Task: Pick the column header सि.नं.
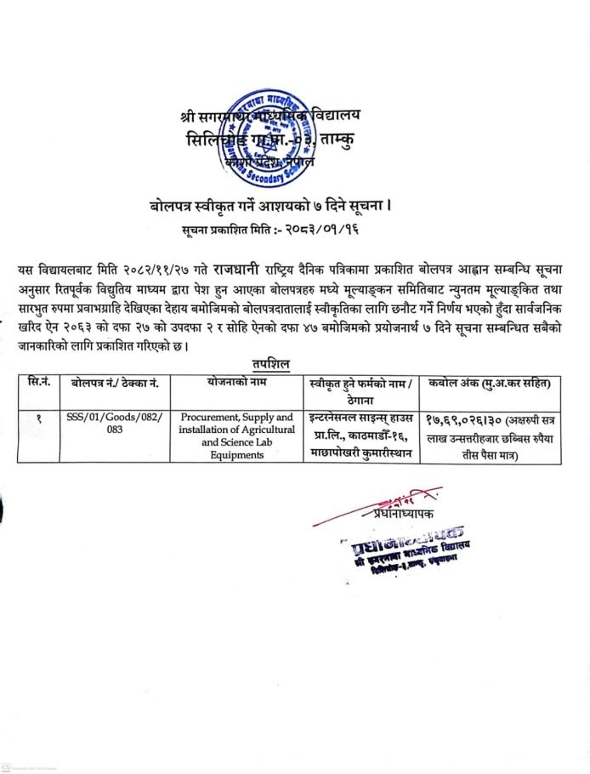[39, 382]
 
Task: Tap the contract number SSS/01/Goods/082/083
[116, 424]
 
